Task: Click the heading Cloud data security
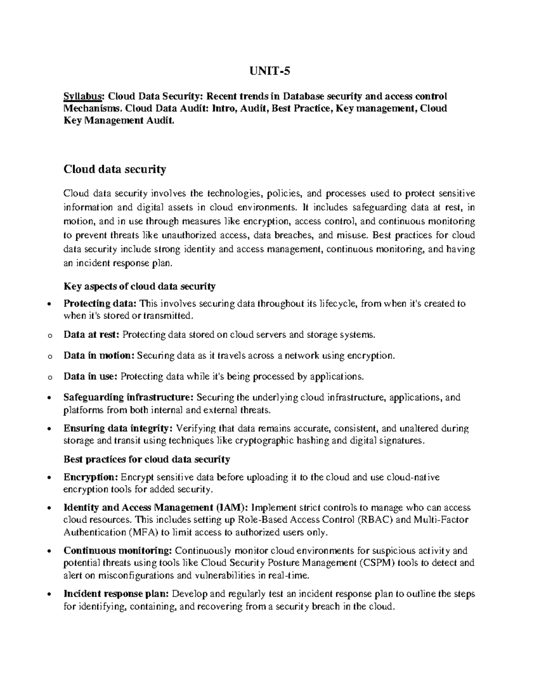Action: [115, 169]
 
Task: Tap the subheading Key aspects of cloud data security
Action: [140, 286]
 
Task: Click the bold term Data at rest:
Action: [92, 334]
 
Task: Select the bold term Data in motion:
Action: [99, 355]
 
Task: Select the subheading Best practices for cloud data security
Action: [147, 459]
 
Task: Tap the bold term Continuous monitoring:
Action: [118, 551]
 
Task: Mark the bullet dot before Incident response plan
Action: [49, 594]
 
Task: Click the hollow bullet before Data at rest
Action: [49, 335]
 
